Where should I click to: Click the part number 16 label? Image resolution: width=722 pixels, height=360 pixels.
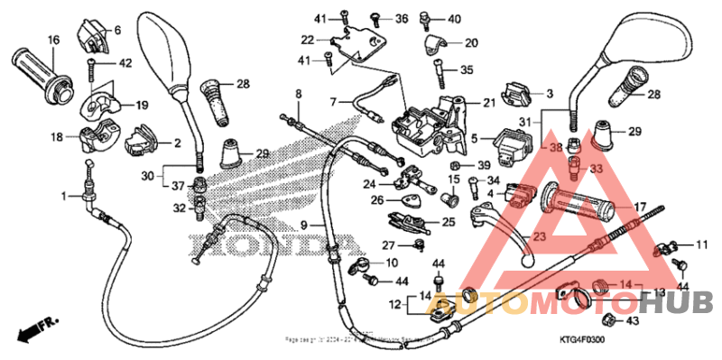pyautogui.click(x=52, y=40)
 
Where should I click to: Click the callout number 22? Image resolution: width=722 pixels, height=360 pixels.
pyautogui.click(x=309, y=40)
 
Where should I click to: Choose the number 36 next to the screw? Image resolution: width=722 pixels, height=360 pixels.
pyautogui.click(x=403, y=18)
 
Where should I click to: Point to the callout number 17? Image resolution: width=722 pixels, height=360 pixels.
pyautogui.click(x=640, y=206)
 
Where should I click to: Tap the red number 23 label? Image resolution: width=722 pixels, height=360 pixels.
pyautogui.click(x=540, y=237)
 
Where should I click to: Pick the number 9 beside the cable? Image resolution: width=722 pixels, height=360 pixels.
pyautogui.click(x=305, y=225)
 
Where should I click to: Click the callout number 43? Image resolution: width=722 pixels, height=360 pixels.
pyautogui.click(x=631, y=321)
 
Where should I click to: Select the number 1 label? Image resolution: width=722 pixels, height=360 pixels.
pyautogui.click(x=64, y=196)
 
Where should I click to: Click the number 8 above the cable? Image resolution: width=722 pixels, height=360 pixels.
pyautogui.click(x=299, y=94)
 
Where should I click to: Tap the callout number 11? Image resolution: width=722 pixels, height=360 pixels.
pyautogui.click(x=702, y=244)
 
